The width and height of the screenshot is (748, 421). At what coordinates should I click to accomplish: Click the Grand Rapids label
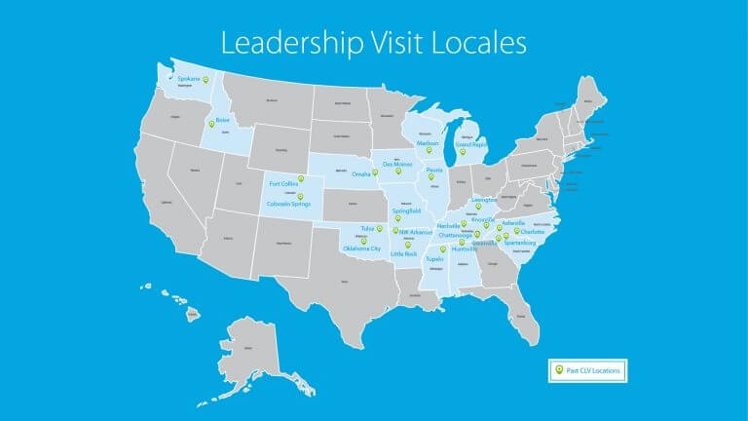click(x=471, y=144)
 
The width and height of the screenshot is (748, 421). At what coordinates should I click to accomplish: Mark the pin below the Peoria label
click(x=432, y=177)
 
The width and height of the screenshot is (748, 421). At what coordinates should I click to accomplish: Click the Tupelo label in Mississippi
click(x=434, y=259)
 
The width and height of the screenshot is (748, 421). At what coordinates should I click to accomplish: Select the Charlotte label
click(x=532, y=232)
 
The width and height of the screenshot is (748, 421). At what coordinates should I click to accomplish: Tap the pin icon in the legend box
click(x=558, y=370)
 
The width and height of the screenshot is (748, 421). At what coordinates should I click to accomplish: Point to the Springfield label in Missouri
click(x=407, y=210)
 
